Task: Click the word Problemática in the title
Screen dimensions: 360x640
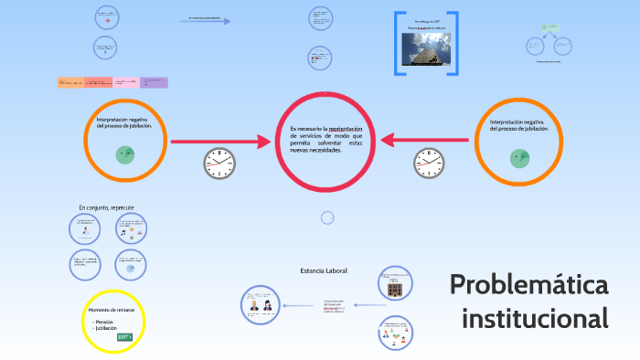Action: pos(528,285)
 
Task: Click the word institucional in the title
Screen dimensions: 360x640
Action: pos(535,320)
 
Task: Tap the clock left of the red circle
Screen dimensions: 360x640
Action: pos(219,164)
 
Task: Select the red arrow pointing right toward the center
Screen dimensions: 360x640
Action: pos(235,140)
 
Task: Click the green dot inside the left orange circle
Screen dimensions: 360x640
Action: pos(124,154)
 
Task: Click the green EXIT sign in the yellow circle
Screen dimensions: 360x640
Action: pos(124,337)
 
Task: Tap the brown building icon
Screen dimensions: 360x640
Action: pos(394,290)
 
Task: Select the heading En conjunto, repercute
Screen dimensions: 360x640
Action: pos(106,207)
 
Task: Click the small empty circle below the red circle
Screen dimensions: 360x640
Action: pos(327,217)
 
